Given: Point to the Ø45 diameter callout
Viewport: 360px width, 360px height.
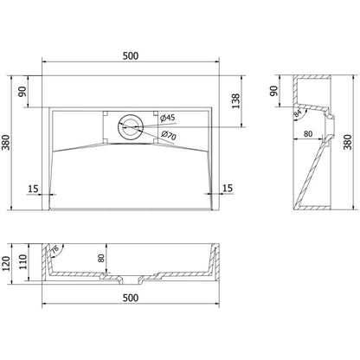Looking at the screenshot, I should (x=169, y=119).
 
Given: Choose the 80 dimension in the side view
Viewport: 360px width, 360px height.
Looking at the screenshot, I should (x=308, y=134).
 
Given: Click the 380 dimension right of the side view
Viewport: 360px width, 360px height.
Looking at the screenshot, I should (x=349, y=143).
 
